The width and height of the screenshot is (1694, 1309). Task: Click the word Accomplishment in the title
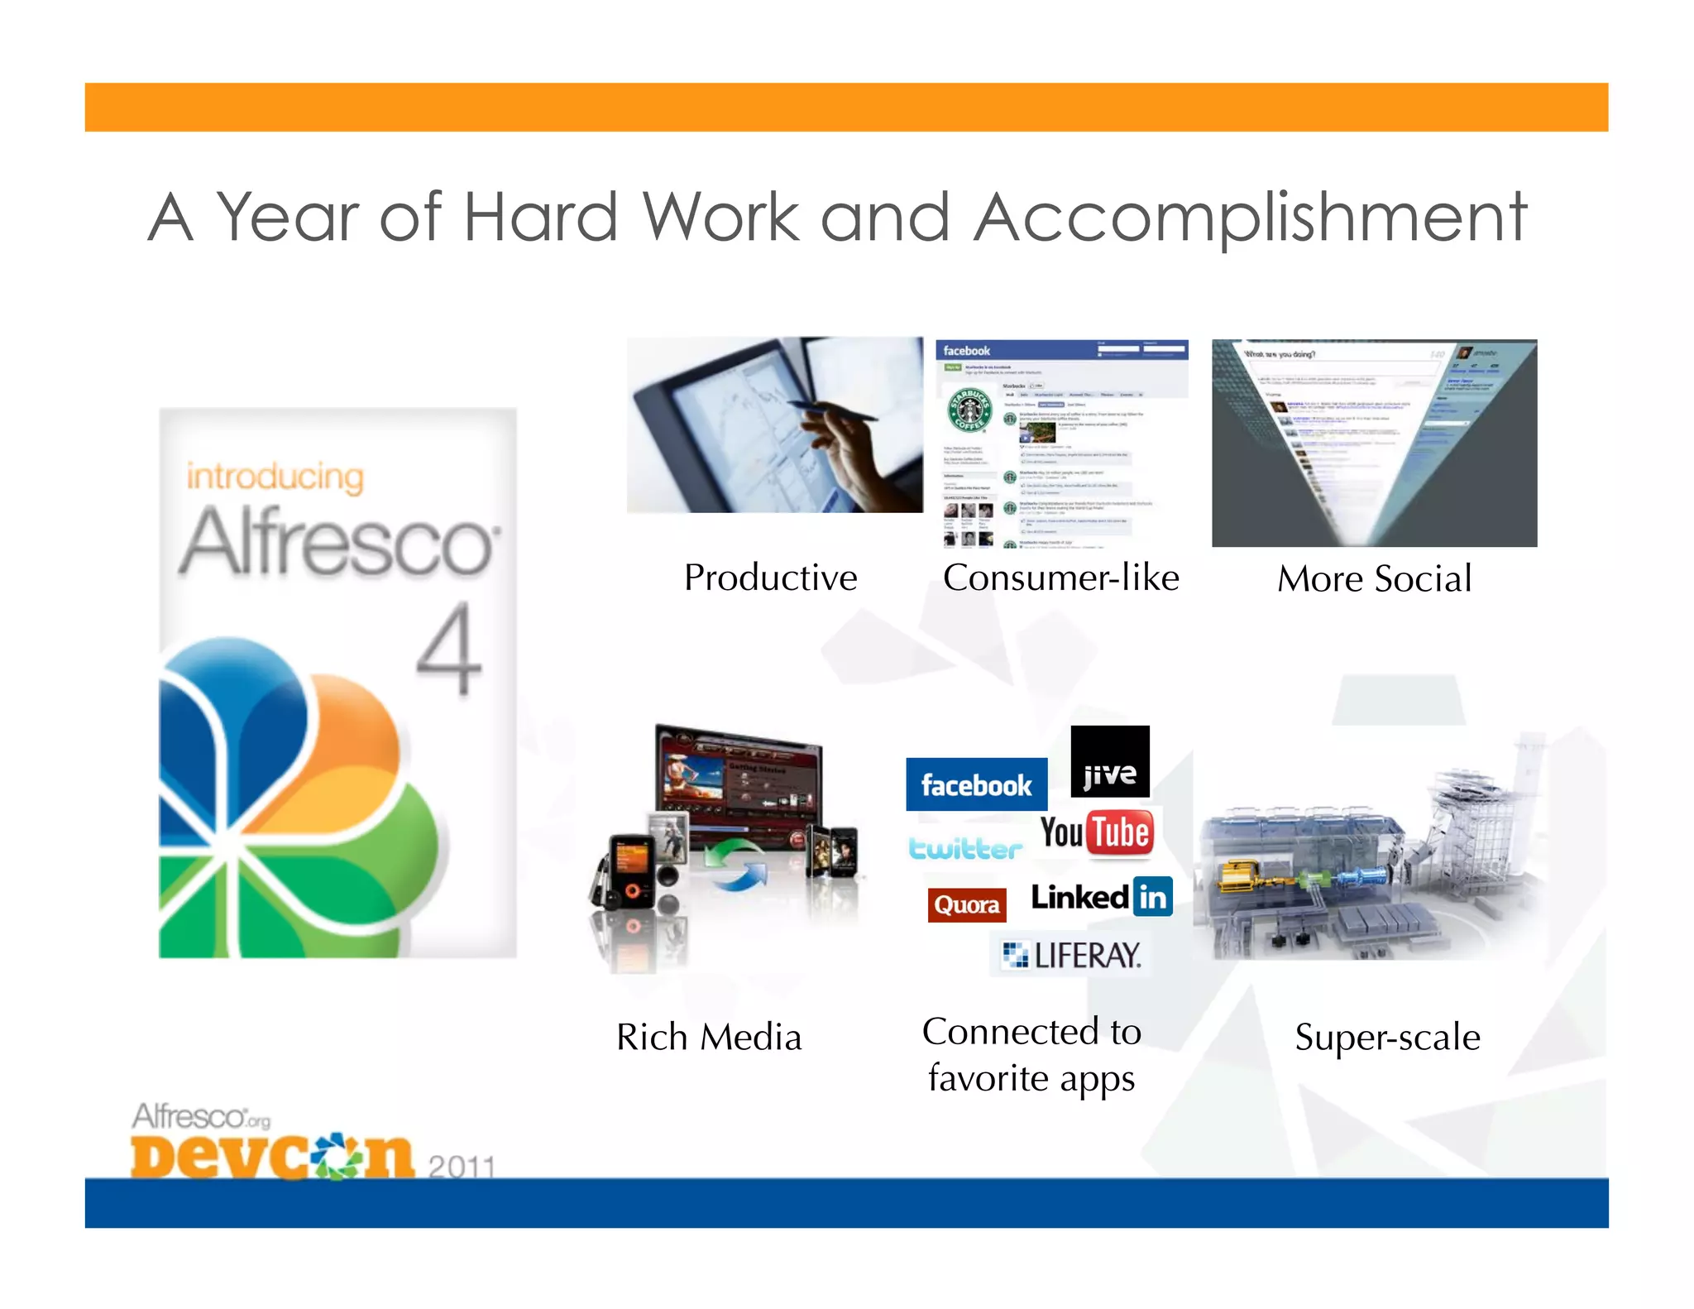pos(1249,217)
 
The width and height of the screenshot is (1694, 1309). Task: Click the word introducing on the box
pos(275,477)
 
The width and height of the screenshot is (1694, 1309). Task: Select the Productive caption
pos(770,578)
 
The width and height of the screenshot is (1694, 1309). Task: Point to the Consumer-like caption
pos(1060,578)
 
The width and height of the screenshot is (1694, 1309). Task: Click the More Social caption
pos(1374,578)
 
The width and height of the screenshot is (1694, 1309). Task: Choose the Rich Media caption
pos(709,1037)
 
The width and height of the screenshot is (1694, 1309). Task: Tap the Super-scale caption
pos(1387,1038)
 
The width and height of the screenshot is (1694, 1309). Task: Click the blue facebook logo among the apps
pos(976,784)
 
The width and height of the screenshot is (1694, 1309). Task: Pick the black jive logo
pos(1109,762)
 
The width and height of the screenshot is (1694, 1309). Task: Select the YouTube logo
pos(1096,832)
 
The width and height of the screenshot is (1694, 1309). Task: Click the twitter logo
pos(965,849)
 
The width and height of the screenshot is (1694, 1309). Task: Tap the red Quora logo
pos(966,904)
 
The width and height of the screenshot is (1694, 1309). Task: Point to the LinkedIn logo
pos(1101,897)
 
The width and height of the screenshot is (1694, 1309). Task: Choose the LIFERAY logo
pos(1071,956)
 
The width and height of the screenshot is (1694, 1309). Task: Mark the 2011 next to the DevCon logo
pos(461,1167)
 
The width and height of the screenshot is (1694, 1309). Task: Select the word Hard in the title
pos(540,217)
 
